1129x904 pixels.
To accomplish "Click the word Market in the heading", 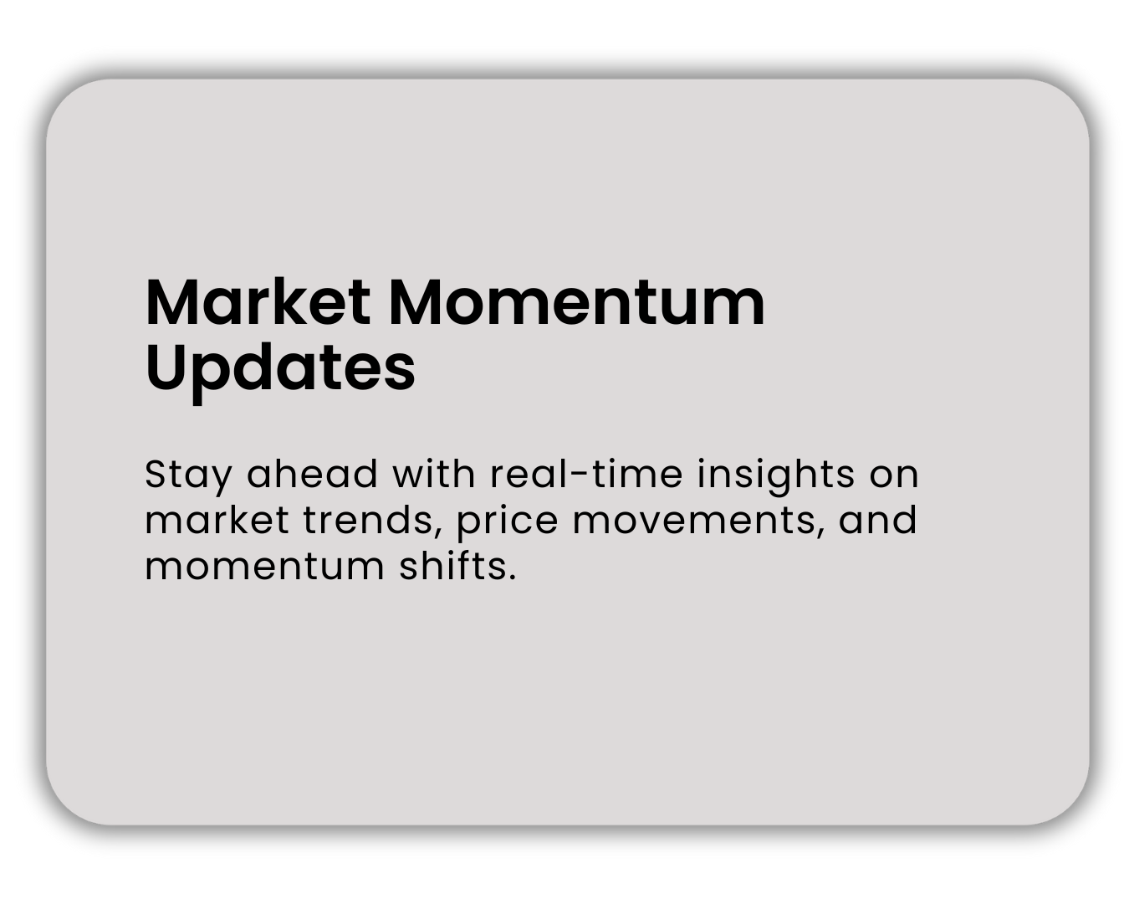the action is [x=258, y=302].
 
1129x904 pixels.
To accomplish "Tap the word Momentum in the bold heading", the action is [x=577, y=302].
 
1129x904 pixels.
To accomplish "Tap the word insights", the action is [x=776, y=476].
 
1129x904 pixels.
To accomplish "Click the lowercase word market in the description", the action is [x=216, y=520].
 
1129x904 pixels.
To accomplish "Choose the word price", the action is [x=508, y=522].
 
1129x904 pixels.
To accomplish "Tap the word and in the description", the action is [x=878, y=520].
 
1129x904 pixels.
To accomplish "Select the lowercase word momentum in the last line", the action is [x=264, y=568].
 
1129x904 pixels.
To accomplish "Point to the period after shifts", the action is [x=512, y=578].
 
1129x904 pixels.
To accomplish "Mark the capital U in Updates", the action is [x=166, y=367].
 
